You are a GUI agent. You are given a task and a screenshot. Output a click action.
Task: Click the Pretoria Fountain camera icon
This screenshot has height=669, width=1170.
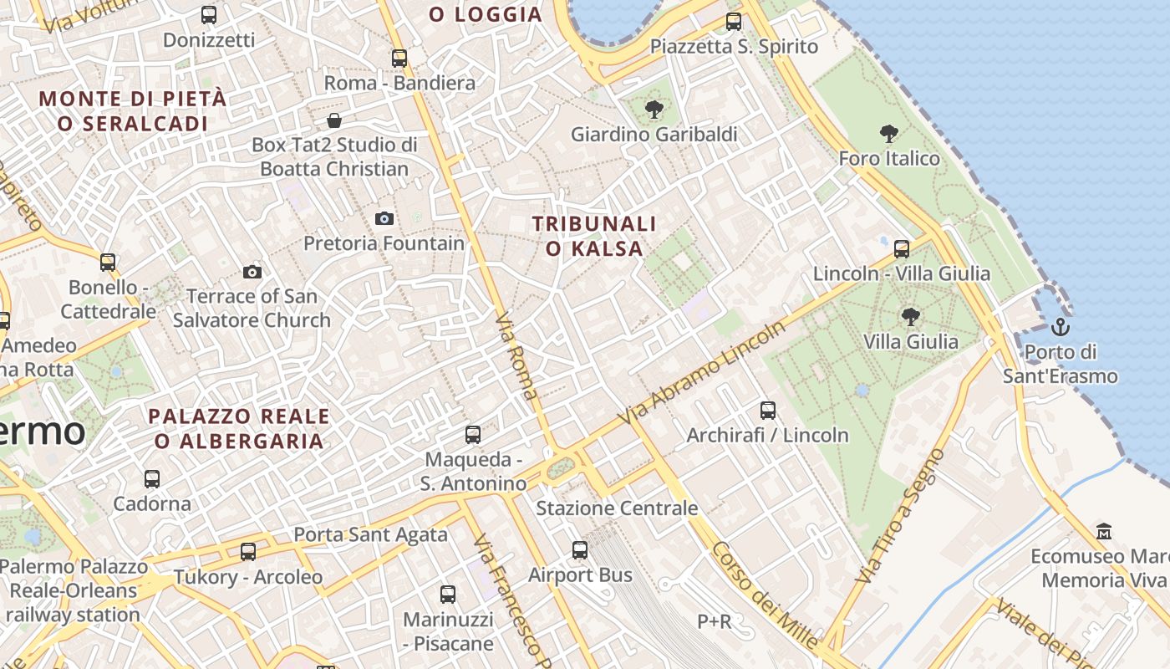[384, 219]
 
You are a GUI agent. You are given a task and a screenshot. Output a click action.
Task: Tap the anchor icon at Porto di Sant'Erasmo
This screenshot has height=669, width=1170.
[1061, 326]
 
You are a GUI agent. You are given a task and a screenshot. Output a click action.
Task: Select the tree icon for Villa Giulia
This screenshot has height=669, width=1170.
[911, 317]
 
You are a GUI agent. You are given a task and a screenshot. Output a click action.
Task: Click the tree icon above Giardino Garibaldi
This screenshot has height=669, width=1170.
[654, 110]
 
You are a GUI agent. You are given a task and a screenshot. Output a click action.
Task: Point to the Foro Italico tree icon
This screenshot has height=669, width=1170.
[889, 134]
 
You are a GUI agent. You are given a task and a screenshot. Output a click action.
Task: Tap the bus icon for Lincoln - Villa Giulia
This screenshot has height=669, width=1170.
[902, 248]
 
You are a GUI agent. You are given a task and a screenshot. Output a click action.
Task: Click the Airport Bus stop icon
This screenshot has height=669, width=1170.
[580, 550]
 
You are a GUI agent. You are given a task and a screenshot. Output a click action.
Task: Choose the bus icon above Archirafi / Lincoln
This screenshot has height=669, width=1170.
[768, 411]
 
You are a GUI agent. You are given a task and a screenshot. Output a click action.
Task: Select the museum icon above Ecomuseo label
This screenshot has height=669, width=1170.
[1104, 532]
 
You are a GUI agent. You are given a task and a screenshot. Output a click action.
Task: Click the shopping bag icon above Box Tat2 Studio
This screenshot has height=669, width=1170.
[334, 120]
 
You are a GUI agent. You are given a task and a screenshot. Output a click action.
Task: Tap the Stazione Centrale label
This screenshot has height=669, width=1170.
[617, 508]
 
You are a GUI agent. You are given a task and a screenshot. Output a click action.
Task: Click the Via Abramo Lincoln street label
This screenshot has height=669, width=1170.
[703, 372]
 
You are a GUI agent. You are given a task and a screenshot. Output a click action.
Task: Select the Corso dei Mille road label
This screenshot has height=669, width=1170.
[765, 595]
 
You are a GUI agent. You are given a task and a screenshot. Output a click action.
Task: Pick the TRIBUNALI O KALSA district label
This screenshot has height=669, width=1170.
[594, 236]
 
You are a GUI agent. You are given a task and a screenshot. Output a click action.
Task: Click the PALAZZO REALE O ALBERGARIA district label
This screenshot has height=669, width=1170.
[239, 428]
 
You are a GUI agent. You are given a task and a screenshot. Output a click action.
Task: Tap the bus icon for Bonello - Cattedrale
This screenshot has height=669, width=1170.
[108, 263]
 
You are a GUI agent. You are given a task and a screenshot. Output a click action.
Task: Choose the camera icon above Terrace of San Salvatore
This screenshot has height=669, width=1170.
[252, 272]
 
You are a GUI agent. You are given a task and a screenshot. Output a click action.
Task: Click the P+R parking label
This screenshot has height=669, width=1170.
[715, 621]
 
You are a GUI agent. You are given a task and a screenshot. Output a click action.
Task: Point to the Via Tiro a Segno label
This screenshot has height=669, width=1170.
[899, 517]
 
